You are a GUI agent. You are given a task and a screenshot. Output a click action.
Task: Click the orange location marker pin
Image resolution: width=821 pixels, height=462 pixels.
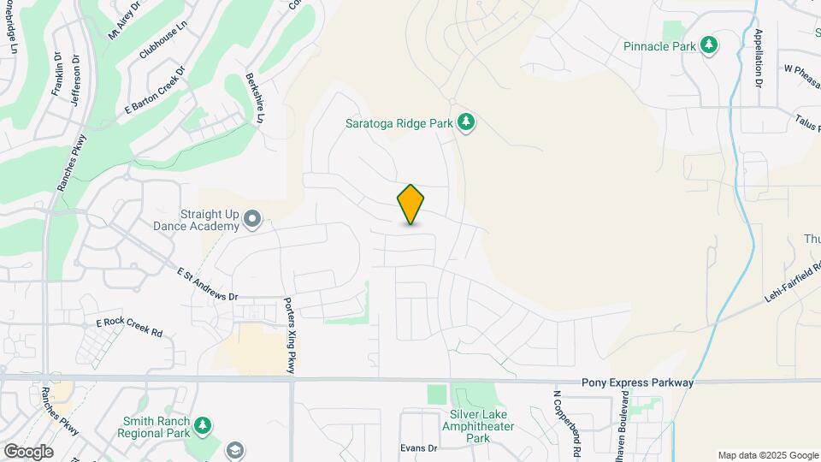pyautogui.click(x=411, y=204)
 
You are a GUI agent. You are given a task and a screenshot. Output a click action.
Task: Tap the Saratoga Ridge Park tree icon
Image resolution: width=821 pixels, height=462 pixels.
pyautogui.click(x=466, y=123)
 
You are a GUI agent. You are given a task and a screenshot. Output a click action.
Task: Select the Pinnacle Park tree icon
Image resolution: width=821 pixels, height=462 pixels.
pyautogui.click(x=708, y=45)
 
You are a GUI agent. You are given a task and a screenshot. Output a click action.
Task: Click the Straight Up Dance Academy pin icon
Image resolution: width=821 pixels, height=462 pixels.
pyautogui.click(x=252, y=220)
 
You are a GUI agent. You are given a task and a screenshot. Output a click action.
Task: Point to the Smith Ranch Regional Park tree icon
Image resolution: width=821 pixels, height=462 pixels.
pyautogui.click(x=202, y=425)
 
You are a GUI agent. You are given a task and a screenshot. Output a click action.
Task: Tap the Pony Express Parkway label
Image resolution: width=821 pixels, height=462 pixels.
pyautogui.click(x=637, y=383)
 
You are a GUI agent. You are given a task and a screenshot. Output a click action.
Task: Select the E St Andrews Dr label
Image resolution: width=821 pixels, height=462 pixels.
pyautogui.click(x=206, y=284)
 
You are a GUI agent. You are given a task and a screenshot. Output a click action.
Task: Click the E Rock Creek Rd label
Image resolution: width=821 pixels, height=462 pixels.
pyautogui.click(x=129, y=326)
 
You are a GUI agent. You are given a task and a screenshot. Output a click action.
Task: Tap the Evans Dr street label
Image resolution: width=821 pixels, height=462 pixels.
pyautogui.click(x=419, y=447)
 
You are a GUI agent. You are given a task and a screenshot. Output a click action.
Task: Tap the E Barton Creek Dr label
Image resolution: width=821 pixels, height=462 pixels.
pyautogui.click(x=155, y=92)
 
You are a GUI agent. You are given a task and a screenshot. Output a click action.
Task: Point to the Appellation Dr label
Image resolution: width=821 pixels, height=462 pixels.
pyautogui.click(x=758, y=59)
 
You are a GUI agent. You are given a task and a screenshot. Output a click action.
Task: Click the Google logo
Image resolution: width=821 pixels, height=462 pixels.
pyautogui.click(x=28, y=452)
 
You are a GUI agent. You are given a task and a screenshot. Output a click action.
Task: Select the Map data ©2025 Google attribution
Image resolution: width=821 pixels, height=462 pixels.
pyautogui.click(x=767, y=455)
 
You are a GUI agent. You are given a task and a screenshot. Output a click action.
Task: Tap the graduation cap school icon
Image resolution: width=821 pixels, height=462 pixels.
pyautogui.click(x=235, y=450)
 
